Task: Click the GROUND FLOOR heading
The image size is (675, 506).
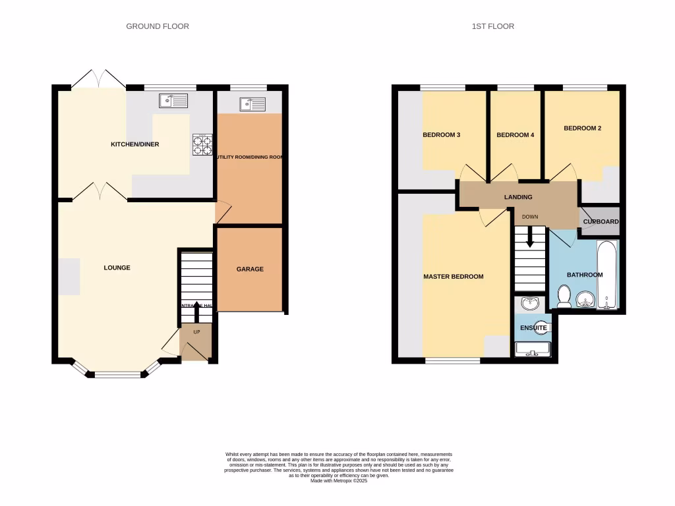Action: click(158, 26)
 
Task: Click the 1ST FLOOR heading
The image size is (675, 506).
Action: click(493, 26)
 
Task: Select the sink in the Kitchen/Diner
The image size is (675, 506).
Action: click(173, 101)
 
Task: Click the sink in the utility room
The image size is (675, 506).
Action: click(252, 103)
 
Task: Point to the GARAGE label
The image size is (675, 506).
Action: click(250, 269)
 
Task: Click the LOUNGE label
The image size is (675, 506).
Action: click(117, 267)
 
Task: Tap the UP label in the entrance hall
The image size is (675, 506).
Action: click(196, 331)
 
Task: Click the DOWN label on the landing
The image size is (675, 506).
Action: click(530, 216)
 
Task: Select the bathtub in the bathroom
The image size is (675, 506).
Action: click(607, 275)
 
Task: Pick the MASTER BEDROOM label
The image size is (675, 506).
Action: click(453, 277)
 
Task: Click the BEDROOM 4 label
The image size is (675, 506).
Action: click(515, 135)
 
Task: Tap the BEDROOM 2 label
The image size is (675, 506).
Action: click(582, 128)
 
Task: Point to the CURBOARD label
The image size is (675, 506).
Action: click(601, 222)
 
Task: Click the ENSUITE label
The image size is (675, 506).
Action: click(533, 327)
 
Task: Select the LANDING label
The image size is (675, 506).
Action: click(518, 197)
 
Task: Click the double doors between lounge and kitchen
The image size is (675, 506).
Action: click(100, 192)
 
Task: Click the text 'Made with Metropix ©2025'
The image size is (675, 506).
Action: click(339, 481)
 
